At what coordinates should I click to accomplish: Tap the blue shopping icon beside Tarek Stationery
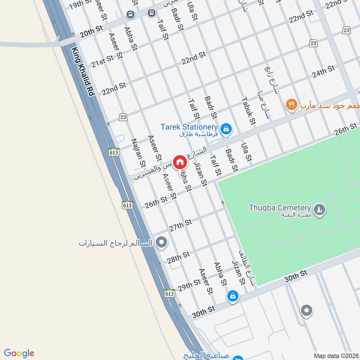tap(226, 130)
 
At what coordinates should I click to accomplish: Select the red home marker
tap(180, 162)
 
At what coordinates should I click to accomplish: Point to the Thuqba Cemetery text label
tap(280, 208)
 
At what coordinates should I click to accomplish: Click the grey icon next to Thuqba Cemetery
tap(319, 210)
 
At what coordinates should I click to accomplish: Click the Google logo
tap(19, 353)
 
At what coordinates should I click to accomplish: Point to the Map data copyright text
tap(336, 356)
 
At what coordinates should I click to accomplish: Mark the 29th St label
tap(189, 285)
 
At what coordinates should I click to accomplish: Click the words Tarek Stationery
tap(189, 127)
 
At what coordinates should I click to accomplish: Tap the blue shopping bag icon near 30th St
tap(233, 296)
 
